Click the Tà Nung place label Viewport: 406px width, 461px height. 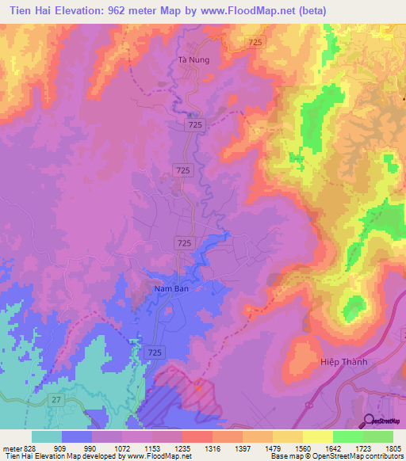(x=193, y=59)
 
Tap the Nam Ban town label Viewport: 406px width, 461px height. (x=169, y=289)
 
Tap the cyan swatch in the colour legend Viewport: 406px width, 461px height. (x=47, y=436)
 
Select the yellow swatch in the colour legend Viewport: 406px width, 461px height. (x=317, y=436)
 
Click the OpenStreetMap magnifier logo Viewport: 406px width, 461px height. (x=369, y=421)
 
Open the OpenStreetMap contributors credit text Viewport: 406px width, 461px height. (x=357, y=455)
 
